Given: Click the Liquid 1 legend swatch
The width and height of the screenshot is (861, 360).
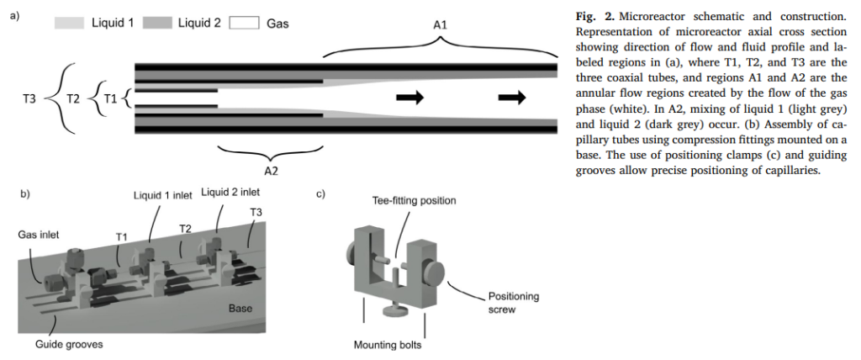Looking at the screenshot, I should [69, 24].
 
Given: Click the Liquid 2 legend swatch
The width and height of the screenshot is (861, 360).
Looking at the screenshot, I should [156, 24].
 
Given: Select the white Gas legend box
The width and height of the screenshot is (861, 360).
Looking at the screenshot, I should [244, 24].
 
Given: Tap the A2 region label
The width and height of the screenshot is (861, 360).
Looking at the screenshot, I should [272, 170].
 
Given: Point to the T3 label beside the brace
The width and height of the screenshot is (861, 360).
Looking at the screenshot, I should [29, 99].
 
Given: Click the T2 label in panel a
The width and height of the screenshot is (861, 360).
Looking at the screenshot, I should [72, 99].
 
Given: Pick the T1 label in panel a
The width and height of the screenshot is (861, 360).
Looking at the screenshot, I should [109, 99].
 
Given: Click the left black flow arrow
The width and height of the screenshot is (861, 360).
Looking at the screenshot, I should [409, 98].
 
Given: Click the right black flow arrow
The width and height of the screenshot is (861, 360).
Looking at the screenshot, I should [511, 98].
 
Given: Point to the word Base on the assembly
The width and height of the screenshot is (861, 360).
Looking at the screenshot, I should [240, 309].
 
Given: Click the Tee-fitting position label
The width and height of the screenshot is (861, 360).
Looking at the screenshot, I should [415, 201].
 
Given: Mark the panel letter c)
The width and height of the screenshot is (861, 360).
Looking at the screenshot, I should [320, 195].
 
